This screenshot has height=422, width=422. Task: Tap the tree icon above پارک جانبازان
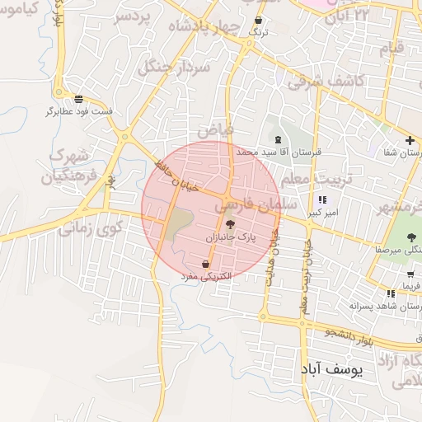tap(230, 223)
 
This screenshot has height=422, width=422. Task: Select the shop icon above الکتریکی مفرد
tap(205, 265)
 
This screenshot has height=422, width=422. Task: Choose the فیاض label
tap(216, 129)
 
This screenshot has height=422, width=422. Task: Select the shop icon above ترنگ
tap(259, 21)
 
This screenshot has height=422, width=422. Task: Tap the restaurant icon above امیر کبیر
tap(321, 199)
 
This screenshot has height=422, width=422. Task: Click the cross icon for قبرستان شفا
tap(410, 140)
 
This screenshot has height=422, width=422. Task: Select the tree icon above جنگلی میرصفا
tap(411, 237)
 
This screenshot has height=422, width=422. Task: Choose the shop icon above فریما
tap(391, 293)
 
